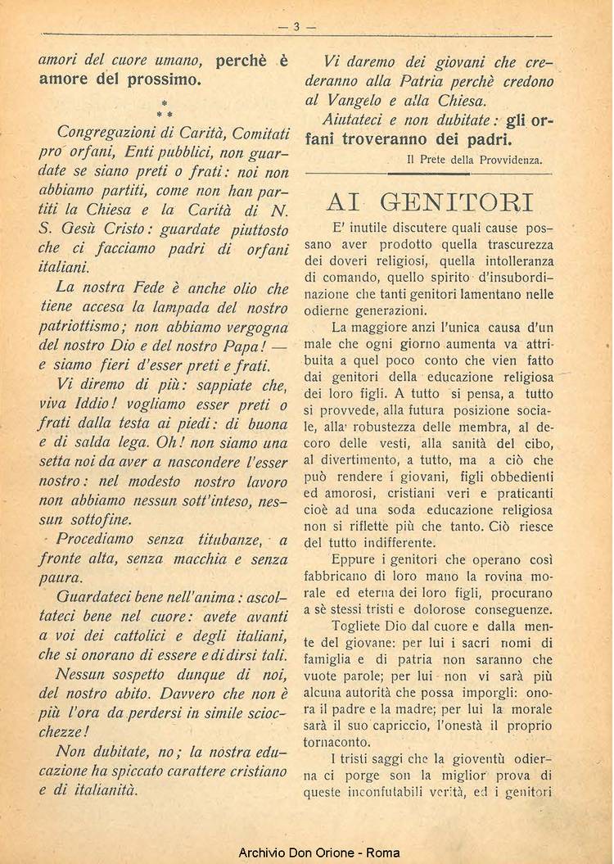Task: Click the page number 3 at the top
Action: (x=297, y=26)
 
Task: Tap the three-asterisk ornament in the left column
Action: (x=165, y=109)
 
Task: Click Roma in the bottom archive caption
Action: (x=383, y=853)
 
